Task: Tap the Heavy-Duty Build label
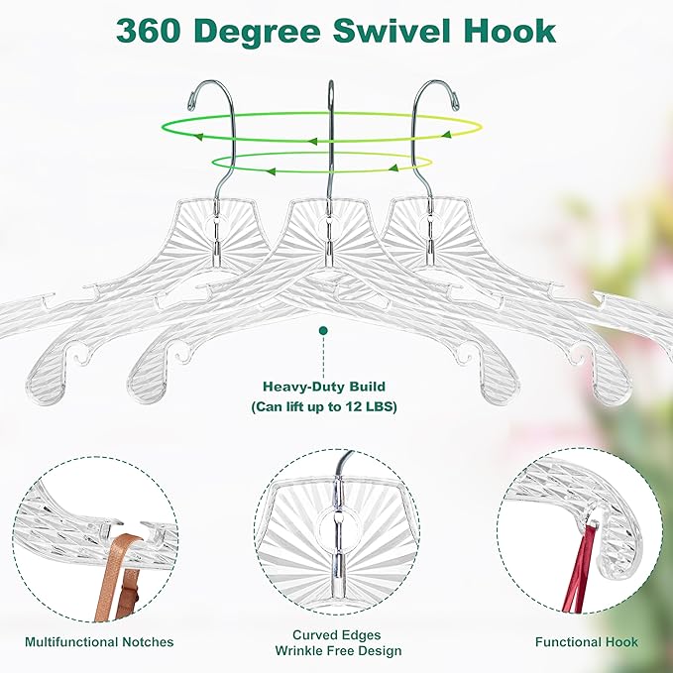[x=323, y=387]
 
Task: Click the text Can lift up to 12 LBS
[x=323, y=406]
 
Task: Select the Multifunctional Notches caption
[x=99, y=642]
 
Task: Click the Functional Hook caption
[x=587, y=642]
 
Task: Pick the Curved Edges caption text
[x=336, y=634]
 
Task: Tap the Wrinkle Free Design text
[x=336, y=651]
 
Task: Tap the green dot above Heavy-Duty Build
[x=323, y=328]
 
